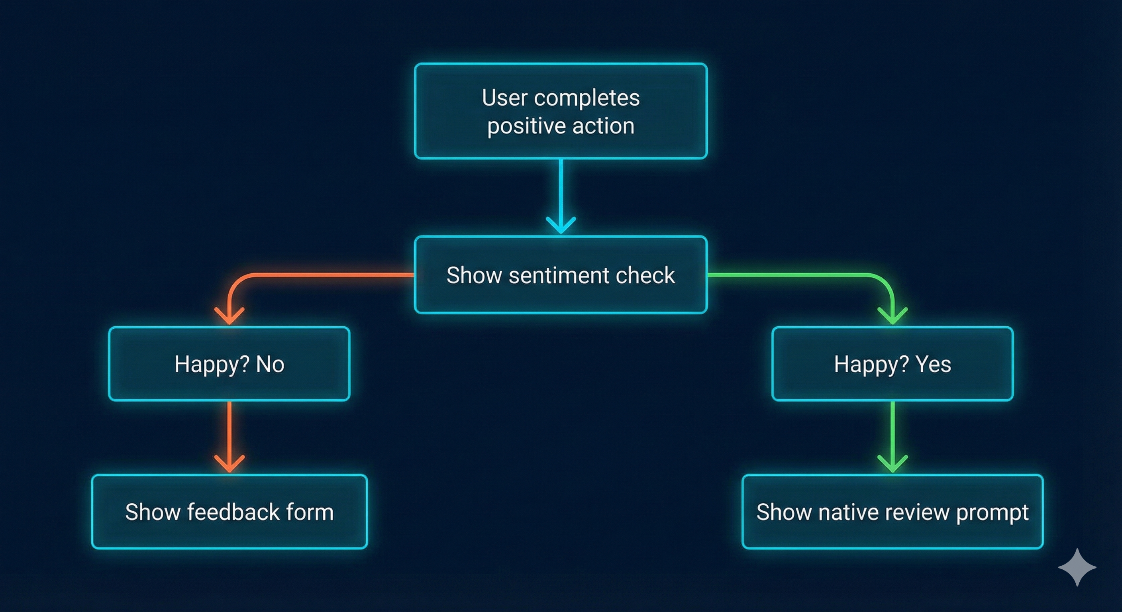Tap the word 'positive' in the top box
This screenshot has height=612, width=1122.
pyautogui.click(x=526, y=127)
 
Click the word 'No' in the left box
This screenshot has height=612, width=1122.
pyautogui.click(x=270, y=364)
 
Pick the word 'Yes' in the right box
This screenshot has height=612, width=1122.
pyautogui.click(x=933, y=364)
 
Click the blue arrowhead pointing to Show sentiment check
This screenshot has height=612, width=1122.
pyautogui.click(x=561, y=226)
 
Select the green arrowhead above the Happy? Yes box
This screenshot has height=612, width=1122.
pyautogui.click(x=892, y=316)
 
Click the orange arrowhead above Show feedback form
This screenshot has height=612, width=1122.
pyautogui.click(x=229, y=463)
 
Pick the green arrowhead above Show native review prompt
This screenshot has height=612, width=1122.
pyautogui.click(x=892, y=463)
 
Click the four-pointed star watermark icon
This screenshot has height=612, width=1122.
pyautogui.click(x=1077, y=567)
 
